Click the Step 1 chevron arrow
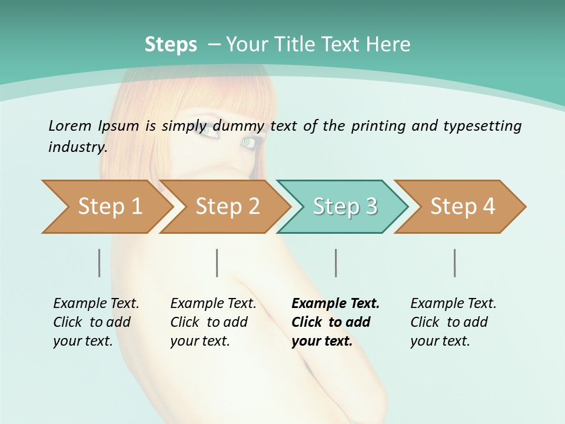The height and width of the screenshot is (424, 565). click(x=109, y=207)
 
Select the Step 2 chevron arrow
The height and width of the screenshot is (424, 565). click(x=227, y=207)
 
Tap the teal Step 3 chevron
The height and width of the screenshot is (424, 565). click(x=345, y=207)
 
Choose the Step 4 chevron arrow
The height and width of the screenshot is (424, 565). click(x=463, y=207)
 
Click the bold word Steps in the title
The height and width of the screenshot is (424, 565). click(x=171, y=45)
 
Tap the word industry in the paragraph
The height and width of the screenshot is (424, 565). click(x=78, y=147)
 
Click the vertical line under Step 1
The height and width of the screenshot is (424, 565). click(x=99, y=263)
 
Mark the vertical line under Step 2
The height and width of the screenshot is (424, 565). click(x=217, y=263)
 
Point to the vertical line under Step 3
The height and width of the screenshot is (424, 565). click(x=336, y=263)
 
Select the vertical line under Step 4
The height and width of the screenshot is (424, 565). click(x=455, y=263)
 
